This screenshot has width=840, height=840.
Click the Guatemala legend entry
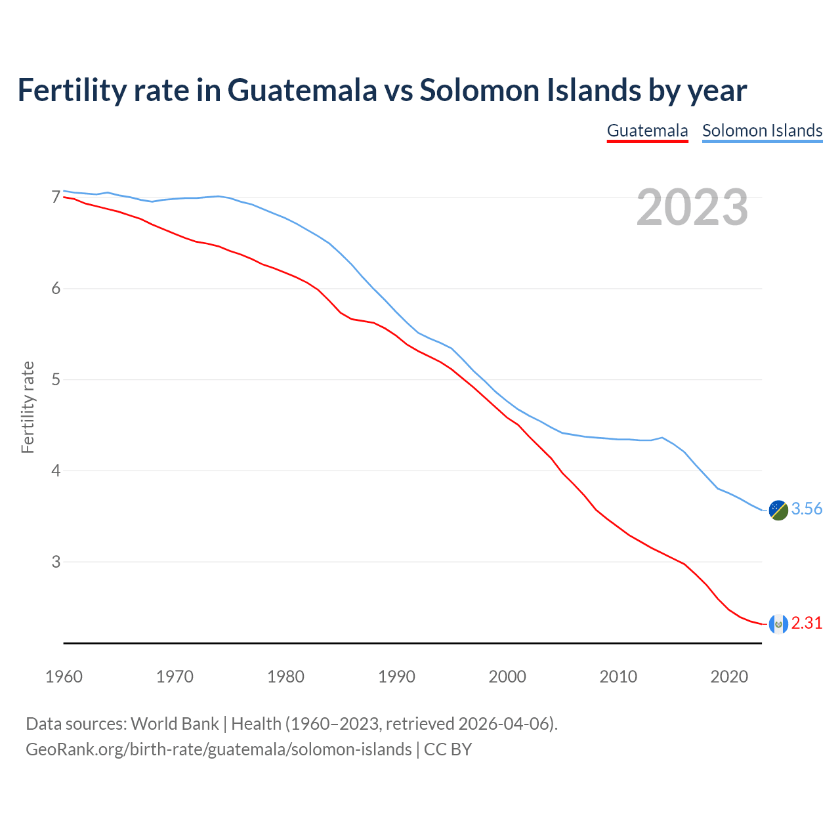click(647, 131)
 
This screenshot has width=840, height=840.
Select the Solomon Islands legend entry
click(762, 131)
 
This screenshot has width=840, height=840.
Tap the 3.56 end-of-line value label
click(807, 509)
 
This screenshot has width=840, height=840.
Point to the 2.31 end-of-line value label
click(807, 623)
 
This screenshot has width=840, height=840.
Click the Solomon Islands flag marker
click(778, 510)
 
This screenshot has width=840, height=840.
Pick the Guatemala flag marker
click(778, 623)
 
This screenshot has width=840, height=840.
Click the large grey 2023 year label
click(692, 207)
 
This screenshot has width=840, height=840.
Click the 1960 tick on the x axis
click(64, 677)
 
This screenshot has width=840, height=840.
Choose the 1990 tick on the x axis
click(396, 677)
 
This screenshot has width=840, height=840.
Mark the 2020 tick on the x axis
click(729, 677)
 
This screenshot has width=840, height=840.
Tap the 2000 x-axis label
click(507, 677)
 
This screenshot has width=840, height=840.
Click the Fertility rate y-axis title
click(28, 407)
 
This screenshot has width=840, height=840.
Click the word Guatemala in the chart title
click(303, 90)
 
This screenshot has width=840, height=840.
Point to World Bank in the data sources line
click(175, 724)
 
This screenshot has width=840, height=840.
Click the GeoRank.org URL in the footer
click(219, 749)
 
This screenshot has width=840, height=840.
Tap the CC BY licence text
click(448, 749)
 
